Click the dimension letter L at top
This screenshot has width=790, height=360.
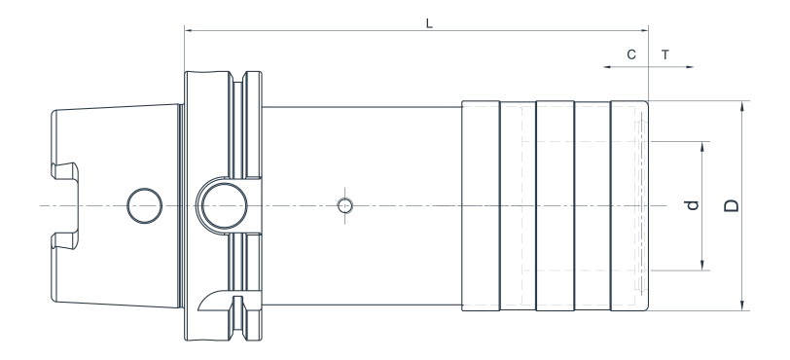[x=429, y=21]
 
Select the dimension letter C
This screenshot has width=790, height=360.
[x=631, y=55]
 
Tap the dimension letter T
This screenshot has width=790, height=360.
[x=665, y=55]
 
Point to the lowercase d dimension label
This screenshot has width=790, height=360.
[x=692, y=205]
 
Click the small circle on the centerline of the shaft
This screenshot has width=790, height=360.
[x=343, y=205]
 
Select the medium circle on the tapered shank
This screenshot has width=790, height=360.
[x=144, y=204]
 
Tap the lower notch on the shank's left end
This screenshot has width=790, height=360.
[x=63, y=239]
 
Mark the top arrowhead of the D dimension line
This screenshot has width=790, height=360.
[x=741, y=103]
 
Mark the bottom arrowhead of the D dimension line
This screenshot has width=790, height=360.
[x=741, y=307]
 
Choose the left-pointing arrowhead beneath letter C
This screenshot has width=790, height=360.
[x=605, y=68]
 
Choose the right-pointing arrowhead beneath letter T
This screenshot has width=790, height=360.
[x=690, y=68]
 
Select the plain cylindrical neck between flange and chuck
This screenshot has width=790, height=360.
[x=360, y=146]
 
